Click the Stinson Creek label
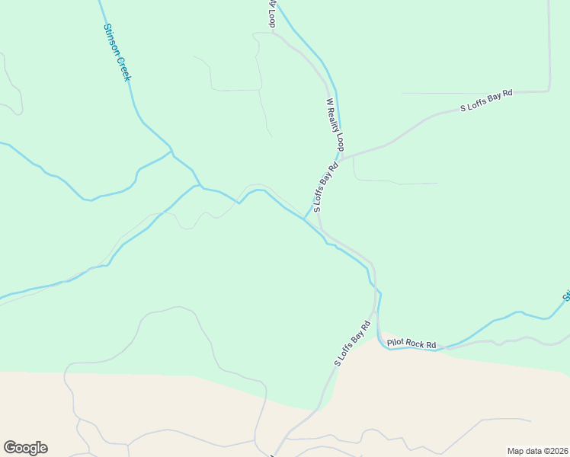click(x=117, y=52)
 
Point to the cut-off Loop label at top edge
click(x=271, y=13)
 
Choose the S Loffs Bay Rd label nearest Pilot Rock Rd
click(x=352, y=344)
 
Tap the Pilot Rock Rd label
click(x=411, y=344)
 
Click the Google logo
click(x=25, y=448)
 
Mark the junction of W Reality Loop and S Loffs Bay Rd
click(x=341, y=159)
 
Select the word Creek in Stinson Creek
click(x=124, y=68)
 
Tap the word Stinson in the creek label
click(x=111, y=38)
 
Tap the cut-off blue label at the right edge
click(x=566, y=294)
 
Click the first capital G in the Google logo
click(x=9, y=447)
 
